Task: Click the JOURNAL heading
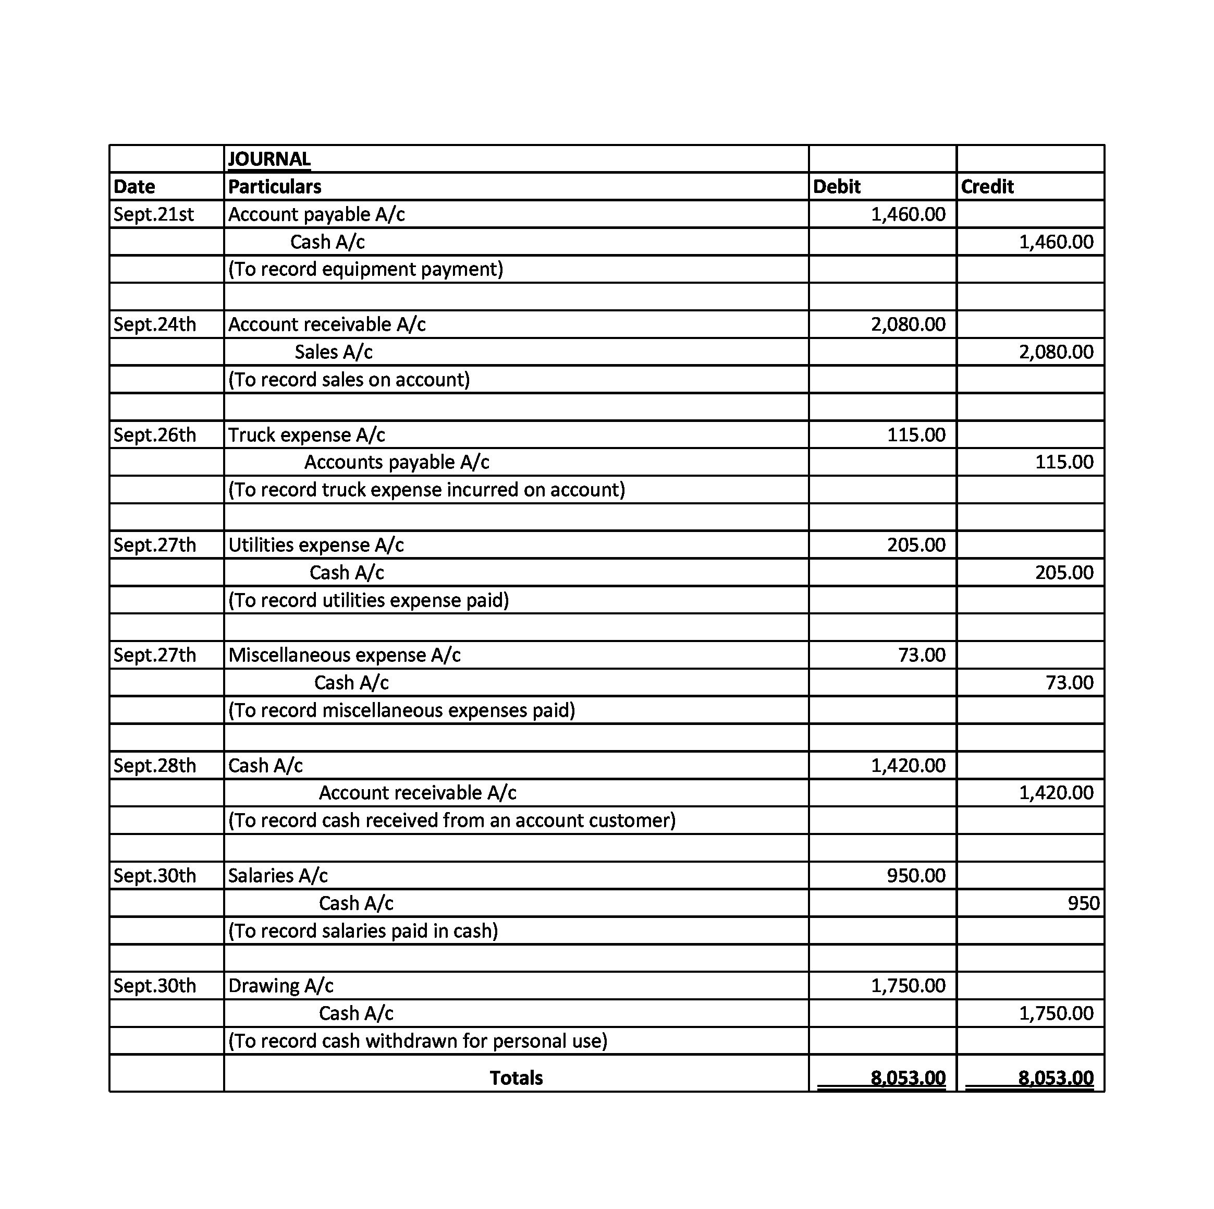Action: [269, 159]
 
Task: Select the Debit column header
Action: [837, 187]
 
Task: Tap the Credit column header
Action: [987, 187]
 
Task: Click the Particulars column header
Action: [275, 187]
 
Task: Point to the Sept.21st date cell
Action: [154, 214]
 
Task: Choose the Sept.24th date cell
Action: [155, 324]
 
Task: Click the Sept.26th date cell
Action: [155, 435]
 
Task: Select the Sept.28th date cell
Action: [155, 766]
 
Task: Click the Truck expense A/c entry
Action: [306, 435]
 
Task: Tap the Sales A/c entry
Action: [334, 352]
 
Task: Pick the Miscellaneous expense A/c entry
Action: [345, 655]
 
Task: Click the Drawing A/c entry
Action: [281, 986]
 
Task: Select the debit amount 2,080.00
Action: [908, 324]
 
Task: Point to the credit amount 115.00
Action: [1064, 462]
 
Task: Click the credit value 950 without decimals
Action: [1083, 903]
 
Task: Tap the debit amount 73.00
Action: [922, 655]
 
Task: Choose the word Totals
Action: [516, 1078]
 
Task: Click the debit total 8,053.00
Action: [908, 1078]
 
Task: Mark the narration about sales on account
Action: [349, 380]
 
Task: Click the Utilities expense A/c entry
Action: [316, 545]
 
